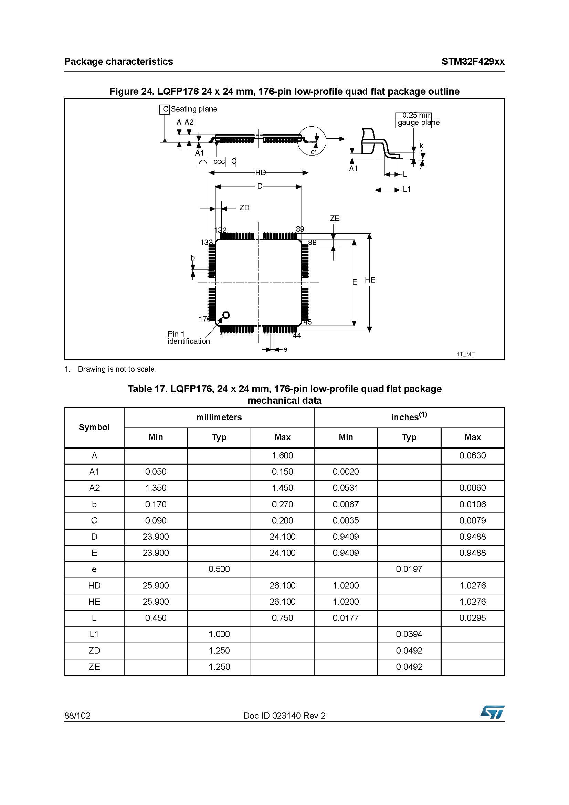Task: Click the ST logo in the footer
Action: [x=492, y=712]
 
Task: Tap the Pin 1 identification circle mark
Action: [x=226, y=315]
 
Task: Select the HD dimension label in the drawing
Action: [x=260, y=172]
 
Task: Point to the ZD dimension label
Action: [x=244, y=208]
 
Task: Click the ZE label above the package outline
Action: [x=335, y=219]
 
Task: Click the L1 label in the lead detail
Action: [x=407, y=189]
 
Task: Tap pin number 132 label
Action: [x=220, y=230]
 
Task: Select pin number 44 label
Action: [x=297, y=336]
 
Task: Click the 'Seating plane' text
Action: [x=193, y=109]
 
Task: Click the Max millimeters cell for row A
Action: [x=282, y=455]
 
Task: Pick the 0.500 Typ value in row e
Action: [x=219, y=569]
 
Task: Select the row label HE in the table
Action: [x=94, y=602]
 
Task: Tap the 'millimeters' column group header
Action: [x=219, y=417]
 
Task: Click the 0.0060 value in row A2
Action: [x=472, y=488]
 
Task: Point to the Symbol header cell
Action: [x=94, y=427]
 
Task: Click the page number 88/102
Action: [x=77, y=716]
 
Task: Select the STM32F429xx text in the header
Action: [x=473, y=62]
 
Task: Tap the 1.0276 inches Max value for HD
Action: [x=472, y=585]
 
